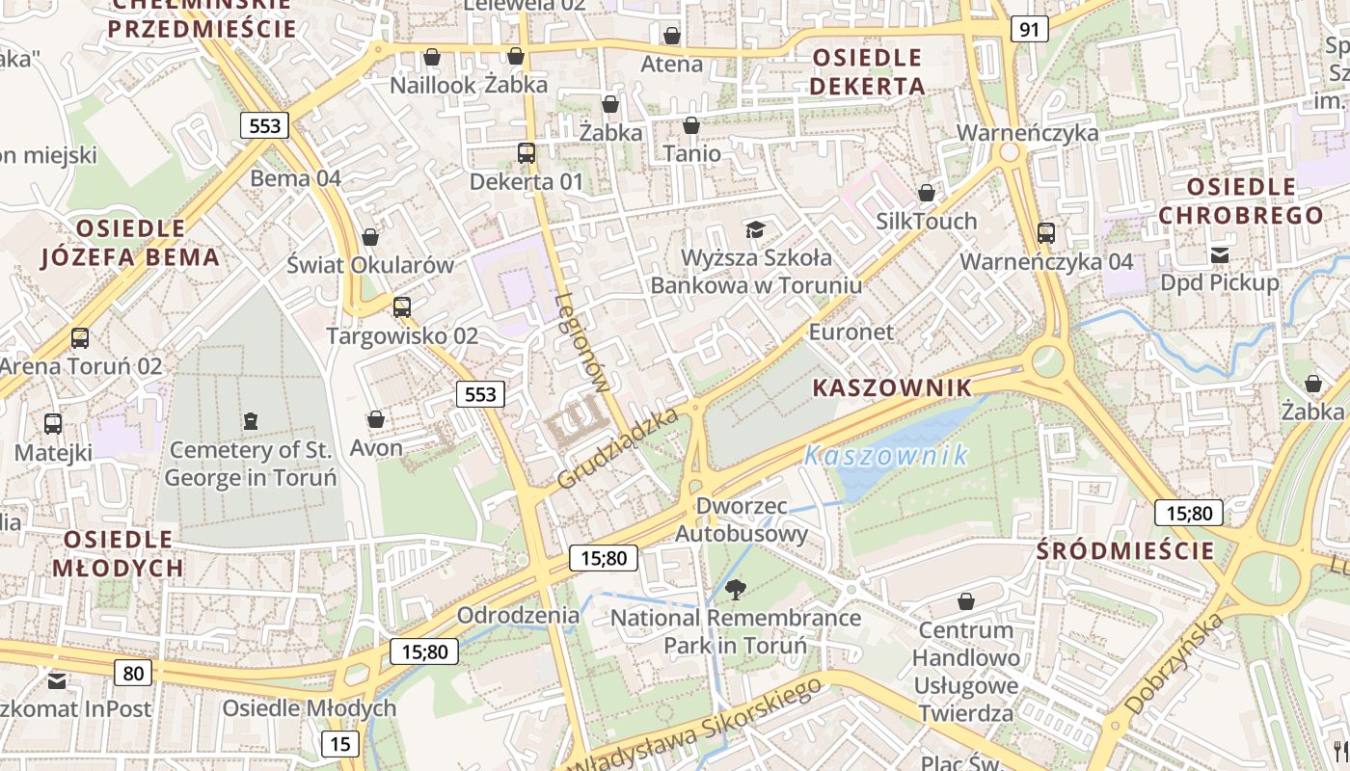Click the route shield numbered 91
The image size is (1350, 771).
(1030, 29)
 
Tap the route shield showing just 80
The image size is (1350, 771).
(133, 672)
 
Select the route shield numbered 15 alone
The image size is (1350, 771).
(340, 743)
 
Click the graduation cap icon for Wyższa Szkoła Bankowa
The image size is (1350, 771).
(755, 229)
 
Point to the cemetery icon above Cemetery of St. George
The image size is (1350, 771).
(251, 420)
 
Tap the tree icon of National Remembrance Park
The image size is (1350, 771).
(736, 588)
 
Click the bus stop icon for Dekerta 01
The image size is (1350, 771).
(526, 152)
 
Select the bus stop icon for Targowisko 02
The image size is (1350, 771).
(402, 307)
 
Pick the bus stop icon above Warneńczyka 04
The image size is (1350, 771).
(1046, 232)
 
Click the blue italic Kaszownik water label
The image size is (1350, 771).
(886, 455)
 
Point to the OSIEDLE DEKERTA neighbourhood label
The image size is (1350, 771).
(867, 71)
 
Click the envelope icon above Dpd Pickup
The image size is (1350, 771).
(1220, 254)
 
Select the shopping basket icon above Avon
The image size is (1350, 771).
(376, 419)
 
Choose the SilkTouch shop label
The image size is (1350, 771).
(926, 221)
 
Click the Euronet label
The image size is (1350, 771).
(851, 332)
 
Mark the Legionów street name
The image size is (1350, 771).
(583, 342)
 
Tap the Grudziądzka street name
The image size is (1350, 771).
(619, 446)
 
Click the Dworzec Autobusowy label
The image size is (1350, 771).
(742, 519)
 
